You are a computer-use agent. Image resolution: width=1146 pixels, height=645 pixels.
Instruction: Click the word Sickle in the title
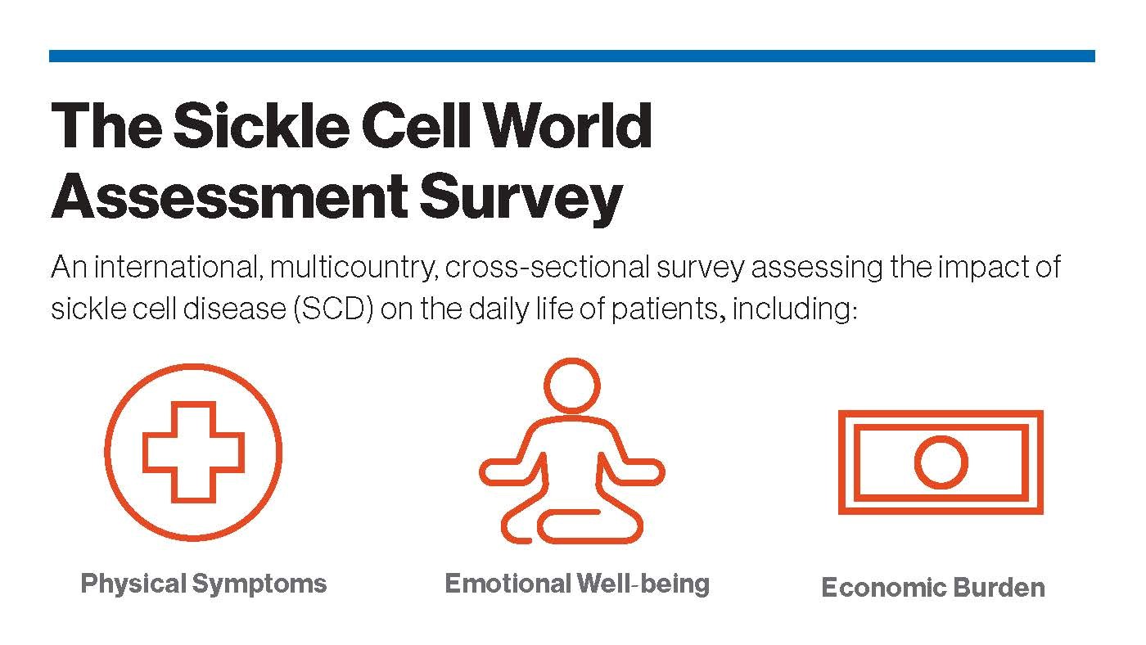261,125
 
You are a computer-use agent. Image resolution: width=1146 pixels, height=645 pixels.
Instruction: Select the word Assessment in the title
229,197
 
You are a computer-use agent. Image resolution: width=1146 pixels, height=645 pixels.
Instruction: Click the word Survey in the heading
521,200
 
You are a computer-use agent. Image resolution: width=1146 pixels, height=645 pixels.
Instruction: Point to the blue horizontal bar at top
572,56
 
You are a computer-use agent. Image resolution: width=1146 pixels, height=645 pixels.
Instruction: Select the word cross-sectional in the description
547,267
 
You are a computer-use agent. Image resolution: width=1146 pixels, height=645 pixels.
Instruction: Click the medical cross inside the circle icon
193,452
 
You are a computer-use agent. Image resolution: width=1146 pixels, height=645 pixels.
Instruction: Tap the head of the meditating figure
571,386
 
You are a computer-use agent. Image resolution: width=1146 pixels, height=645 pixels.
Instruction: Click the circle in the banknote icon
941,462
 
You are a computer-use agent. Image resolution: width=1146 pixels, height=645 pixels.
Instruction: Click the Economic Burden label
933,587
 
